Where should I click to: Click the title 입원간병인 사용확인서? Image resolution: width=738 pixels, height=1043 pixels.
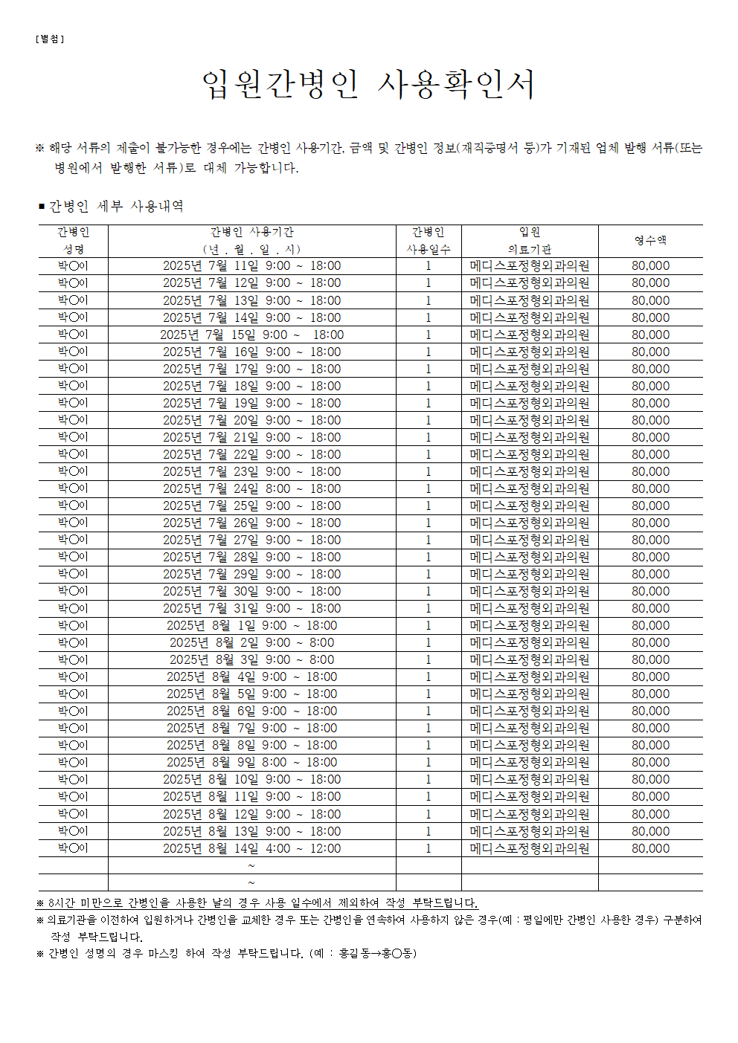click(368, 84)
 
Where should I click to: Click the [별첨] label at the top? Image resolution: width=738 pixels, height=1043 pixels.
click(50, 39)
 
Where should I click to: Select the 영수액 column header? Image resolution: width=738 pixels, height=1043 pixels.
click(650, 240)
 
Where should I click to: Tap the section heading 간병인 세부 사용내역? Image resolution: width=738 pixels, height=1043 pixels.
click(115, 206)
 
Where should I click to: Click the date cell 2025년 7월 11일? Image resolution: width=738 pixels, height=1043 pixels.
click(251, 265)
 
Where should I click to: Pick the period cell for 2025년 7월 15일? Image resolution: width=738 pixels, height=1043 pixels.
click(251, 335)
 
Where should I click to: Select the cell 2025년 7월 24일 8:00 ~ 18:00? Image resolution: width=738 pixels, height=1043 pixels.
click(251, 488)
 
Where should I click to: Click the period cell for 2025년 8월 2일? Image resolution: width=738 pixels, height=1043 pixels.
click(251, 642)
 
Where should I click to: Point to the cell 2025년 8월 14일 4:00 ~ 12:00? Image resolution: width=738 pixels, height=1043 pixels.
click(251, 848)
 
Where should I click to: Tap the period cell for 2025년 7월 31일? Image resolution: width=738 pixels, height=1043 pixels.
click(251, 608)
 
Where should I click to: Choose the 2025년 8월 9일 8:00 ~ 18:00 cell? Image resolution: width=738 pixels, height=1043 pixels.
click(251, 762)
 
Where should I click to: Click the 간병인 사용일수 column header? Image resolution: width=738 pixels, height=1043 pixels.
click(429, 240)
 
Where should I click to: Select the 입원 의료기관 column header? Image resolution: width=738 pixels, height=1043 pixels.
click(530, 240)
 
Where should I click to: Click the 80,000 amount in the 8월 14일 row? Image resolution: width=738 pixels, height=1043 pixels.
click(650, 848)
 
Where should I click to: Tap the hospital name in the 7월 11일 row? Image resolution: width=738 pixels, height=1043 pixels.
click(530, 265)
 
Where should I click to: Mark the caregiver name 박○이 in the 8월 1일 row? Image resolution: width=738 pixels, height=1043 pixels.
click(73, 625)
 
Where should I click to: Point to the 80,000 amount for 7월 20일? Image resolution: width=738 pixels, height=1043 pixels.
click(650, 420)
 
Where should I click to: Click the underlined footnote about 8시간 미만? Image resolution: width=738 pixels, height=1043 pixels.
click(257, 902)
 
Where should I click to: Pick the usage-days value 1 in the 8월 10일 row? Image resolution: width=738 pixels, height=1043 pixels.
click(429, 779)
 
